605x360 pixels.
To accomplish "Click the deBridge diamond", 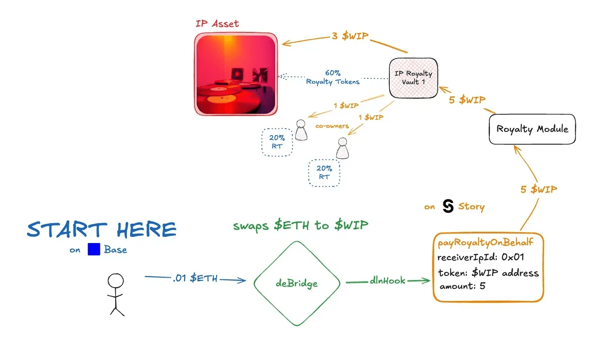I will [297, 283].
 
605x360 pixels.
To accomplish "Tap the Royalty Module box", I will [532, 129].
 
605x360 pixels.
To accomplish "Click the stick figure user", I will [115, 295].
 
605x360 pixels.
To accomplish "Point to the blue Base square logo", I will [94, 249].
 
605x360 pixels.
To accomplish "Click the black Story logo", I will [448, 206].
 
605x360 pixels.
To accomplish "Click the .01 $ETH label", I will [195, 279].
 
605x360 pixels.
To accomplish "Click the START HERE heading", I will [102, 230].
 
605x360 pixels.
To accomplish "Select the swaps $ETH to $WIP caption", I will [301, 225].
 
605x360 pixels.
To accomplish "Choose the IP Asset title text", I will [217, 23].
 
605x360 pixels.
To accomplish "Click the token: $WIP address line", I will [488, 273].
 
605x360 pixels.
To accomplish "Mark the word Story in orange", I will [471, 207].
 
